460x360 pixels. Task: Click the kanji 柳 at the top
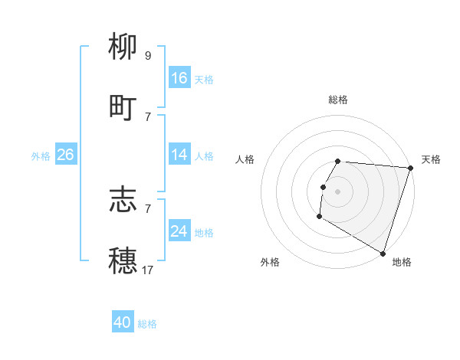(x=123, y=47)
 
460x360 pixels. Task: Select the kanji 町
(x=123, y=107)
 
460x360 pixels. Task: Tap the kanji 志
(x=123, y=199)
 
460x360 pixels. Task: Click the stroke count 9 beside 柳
(x=147, y=55)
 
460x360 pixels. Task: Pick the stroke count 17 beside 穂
(x=147, y=270)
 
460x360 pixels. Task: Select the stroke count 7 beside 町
(x=147, y=116)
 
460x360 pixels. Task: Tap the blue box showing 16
(x=179, y=78)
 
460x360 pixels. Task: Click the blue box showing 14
(x=179, y=155)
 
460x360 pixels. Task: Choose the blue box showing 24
(x=179, y=231)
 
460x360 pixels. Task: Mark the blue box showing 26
(x=65, y=155)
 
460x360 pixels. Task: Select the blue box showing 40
(x=123, y=322)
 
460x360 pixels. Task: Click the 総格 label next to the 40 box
(x=147, y=324)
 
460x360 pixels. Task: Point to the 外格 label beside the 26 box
(x=41, y=156)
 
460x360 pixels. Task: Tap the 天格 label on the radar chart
(x=431, y=159)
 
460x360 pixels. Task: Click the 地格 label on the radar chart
(x=402, y=262)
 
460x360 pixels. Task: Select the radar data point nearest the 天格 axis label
(x=410, y=168)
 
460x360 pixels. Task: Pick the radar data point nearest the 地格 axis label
(x=383, y=253)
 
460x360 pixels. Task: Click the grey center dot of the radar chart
(x=338, y=191)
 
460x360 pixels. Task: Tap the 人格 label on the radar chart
(x=245, y=159)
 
